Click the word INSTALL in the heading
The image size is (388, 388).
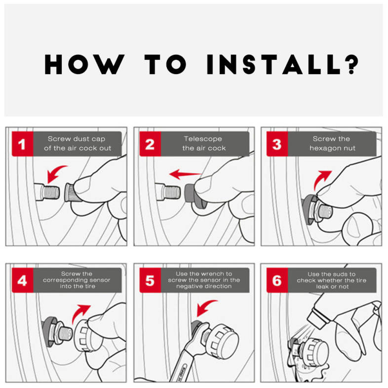point(273,65)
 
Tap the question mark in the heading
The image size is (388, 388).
point(351,65)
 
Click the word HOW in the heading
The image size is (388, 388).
point(84,65)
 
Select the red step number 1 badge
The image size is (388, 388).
point(23,144)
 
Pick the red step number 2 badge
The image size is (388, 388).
point(150,144)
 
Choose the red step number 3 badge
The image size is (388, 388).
point(277,144)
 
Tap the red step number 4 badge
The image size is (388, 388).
point(23,280)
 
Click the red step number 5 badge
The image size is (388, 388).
point(150,280)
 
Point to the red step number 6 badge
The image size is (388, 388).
point(277,280)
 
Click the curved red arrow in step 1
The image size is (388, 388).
point(55,172)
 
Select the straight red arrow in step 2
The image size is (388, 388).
point(185,174)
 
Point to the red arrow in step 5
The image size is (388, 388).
point(205,307)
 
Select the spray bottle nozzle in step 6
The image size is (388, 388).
point(317,318)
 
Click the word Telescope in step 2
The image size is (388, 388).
point(203,139)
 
